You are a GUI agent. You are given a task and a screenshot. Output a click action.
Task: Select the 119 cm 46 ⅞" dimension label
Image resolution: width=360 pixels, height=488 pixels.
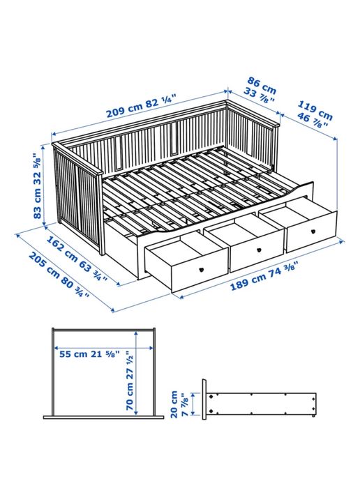coord(314,114)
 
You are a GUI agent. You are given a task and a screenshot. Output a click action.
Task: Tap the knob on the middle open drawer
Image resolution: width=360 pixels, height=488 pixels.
coord(257,249)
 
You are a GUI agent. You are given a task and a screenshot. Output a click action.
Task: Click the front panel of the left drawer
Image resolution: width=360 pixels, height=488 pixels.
coord(185,270)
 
